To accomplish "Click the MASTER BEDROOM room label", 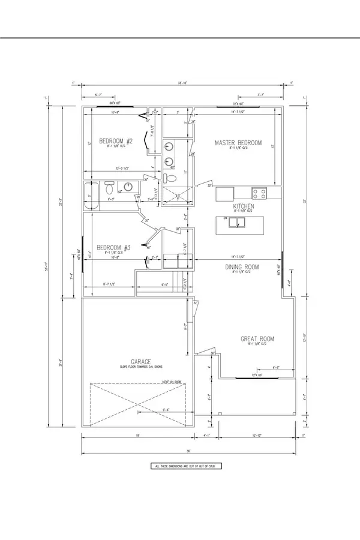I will pyautogui.click(x=239, y=142).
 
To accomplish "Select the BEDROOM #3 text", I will pyautogui.click(x=114, y=247).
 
